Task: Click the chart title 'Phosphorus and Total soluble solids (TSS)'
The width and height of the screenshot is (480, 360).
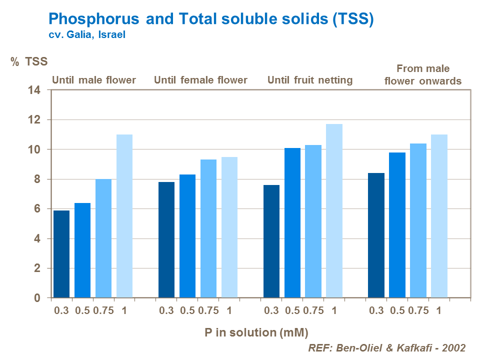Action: pos(210,19)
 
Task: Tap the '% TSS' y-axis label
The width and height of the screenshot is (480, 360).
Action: pos(29,62)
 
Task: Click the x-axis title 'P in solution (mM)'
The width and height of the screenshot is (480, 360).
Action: pos(256,332)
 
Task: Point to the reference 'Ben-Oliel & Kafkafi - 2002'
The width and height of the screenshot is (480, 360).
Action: pos(387,348)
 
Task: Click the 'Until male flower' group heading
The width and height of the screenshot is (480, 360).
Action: pos(94,80)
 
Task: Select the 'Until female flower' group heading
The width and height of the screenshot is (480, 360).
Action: pos(200,80)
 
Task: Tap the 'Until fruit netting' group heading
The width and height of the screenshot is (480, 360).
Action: pos(310,80)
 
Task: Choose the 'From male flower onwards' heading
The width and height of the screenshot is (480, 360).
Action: pos(422,74)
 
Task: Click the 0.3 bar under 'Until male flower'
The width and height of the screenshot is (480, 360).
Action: pos(61,254)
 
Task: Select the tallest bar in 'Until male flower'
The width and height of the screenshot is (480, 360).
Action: pos(124,216)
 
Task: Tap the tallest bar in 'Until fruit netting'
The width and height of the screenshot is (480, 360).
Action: pos(334,211)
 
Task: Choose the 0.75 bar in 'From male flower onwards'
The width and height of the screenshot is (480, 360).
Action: pos(418,220)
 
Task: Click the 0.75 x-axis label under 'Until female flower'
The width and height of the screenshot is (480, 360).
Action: pos(208,310)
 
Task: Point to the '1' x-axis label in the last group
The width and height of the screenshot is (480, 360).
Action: pos(438,310)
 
